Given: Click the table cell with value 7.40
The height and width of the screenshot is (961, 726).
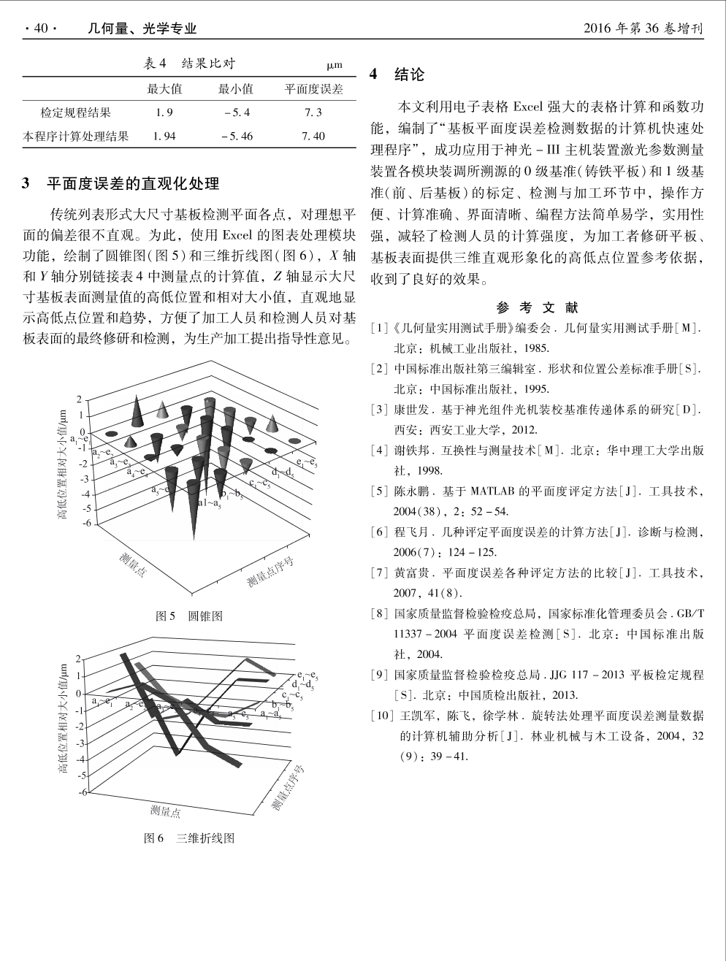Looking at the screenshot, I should click(x=313, y=137).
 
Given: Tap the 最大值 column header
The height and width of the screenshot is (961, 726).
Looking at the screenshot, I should click(x=164, y=89).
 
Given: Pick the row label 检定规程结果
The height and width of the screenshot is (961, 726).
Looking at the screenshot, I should click(x=76, y=112).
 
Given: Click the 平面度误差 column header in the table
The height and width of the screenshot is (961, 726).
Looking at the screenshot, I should click(x=313, y=89).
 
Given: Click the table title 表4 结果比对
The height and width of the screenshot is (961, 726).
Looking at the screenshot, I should click(x=189, y=64).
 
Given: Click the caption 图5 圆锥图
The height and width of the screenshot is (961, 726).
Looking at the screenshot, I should click(x=189, y=616).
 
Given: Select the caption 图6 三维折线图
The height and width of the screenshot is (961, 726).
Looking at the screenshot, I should click(x=189, y=838).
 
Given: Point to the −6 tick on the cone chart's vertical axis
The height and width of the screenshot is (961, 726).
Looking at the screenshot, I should click(x=85, y=524).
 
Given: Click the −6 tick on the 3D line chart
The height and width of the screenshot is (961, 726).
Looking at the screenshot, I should click(x=83, y=792).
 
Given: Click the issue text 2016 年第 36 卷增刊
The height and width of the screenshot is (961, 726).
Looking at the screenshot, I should click(x=643, y=28).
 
